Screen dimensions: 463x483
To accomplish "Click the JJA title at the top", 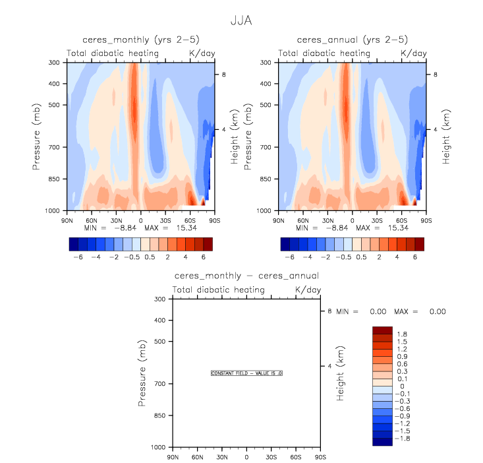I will tap(242, 20).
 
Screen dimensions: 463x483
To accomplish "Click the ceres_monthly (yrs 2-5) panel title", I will tap(139, 40).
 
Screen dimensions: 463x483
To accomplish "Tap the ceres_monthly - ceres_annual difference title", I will tap(246, 275).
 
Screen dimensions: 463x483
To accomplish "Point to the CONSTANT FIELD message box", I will tap(246, 373).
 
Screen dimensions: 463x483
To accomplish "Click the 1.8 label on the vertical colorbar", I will tap(403, 333).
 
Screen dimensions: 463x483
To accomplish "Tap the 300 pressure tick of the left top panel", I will tap(55, 63).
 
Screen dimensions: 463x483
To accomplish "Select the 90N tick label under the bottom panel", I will tap(173, 456).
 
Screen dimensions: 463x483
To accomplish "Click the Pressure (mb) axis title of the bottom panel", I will tap(142, 373).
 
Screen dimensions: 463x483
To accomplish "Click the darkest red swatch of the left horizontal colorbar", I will tap(208, 244).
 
